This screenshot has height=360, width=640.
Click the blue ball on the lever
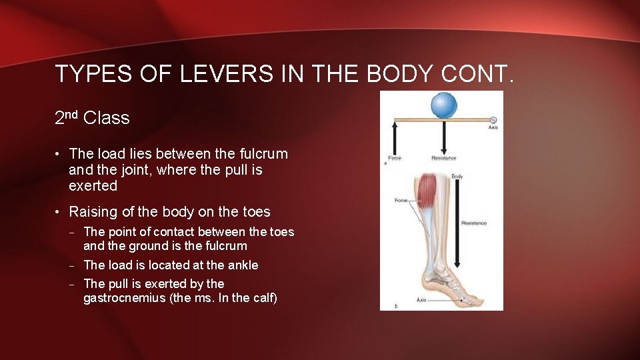[x=443, y=105]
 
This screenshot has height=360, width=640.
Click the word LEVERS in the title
[x=227, y=74]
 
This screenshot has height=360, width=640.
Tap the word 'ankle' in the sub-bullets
[x=243, y=265]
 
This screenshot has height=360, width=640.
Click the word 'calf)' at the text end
[x=261, y=297]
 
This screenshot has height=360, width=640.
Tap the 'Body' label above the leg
[x=457, y=177]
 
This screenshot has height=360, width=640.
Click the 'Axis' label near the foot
[x=422, y=300]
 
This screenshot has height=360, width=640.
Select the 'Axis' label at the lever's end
[x=493, y=127]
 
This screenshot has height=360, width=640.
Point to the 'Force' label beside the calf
[x=401, y=200]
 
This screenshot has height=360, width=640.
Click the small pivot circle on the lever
[x=493, y=120]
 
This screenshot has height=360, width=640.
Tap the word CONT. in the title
[x=477, y=74]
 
